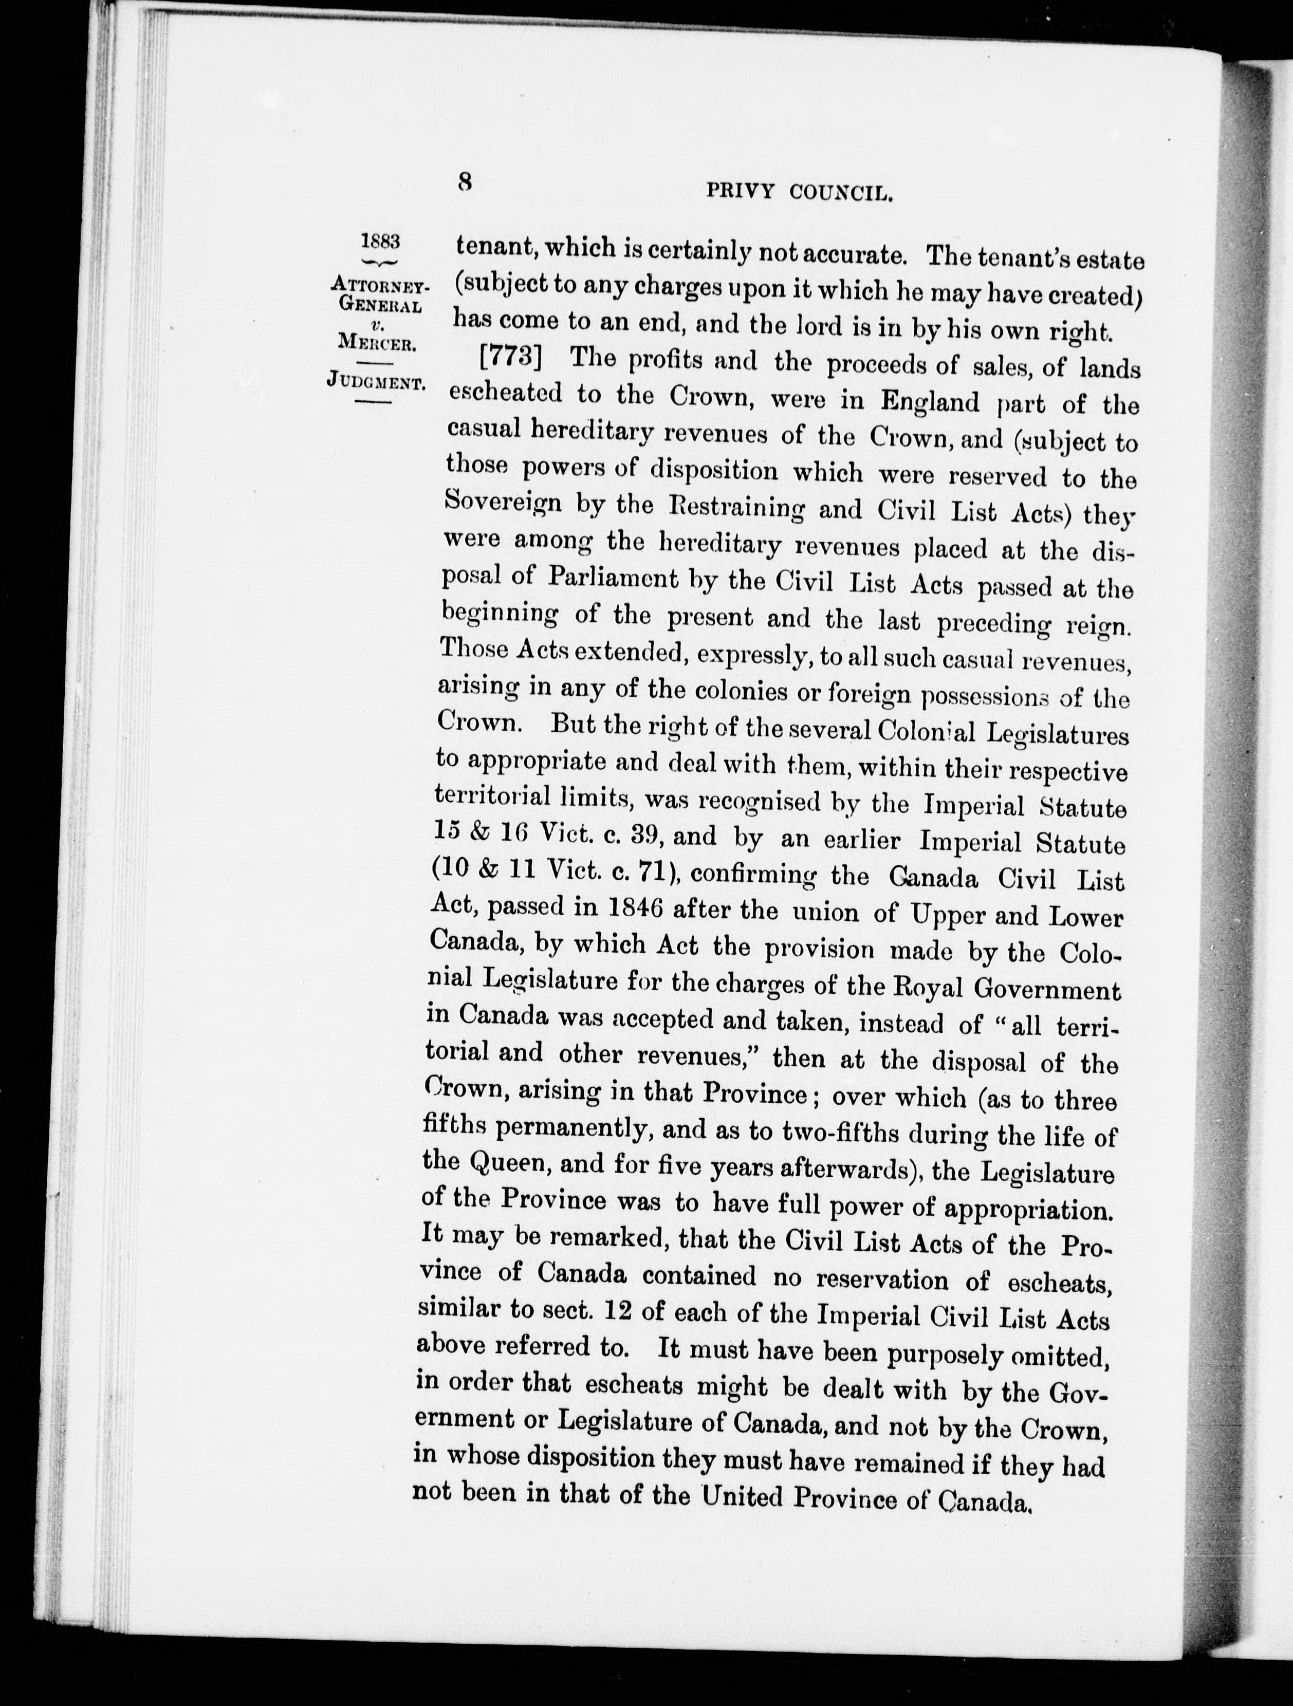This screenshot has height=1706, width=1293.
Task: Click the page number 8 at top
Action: tap(465, 182)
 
